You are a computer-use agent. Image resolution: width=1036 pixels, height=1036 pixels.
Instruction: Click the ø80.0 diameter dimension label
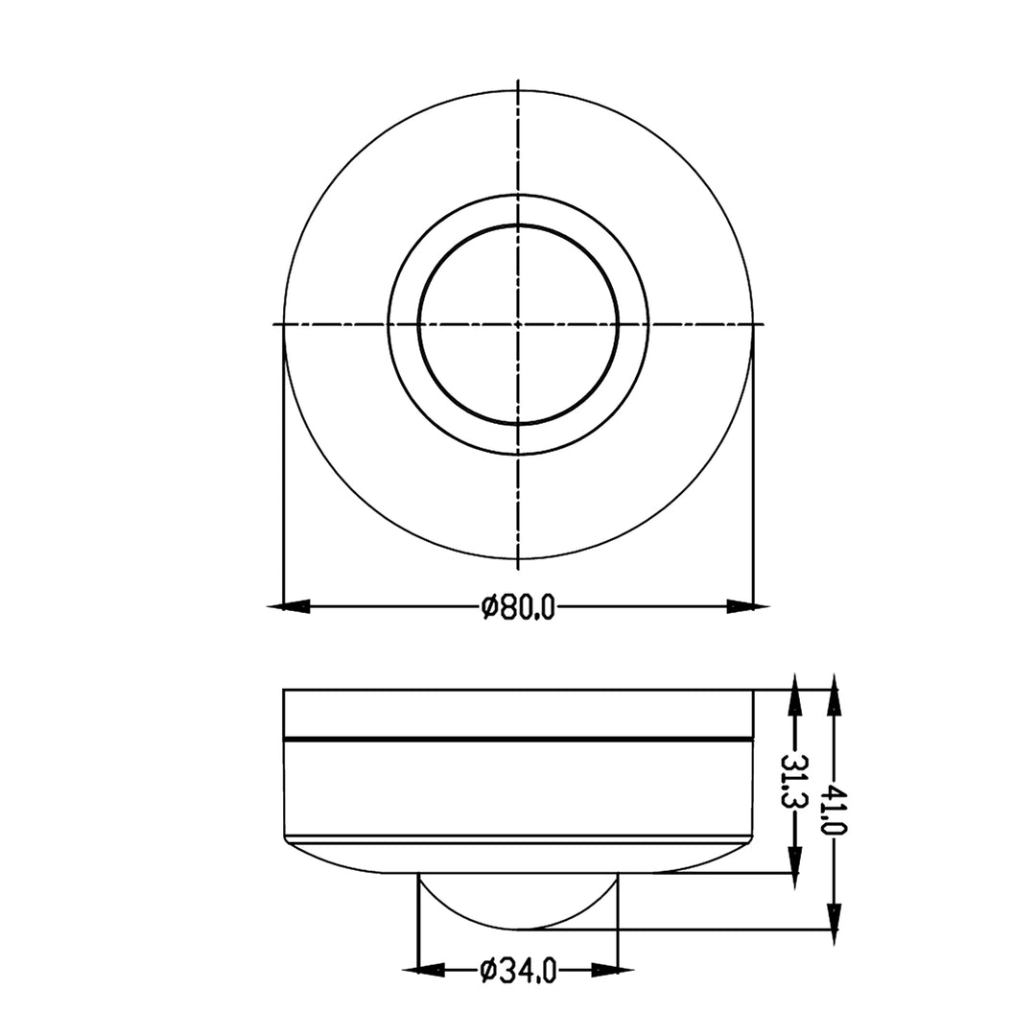coord(518,607)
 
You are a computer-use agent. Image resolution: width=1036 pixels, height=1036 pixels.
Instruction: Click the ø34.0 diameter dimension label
coord(518,971)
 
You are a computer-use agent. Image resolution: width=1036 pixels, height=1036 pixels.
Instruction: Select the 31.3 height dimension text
coord(793,781)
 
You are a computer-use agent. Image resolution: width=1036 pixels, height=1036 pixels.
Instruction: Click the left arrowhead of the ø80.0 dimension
coord(290,606)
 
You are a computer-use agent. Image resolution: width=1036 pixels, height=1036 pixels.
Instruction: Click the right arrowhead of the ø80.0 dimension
coord(747,606)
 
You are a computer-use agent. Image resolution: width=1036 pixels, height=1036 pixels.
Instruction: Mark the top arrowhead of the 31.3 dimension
coord(793,695)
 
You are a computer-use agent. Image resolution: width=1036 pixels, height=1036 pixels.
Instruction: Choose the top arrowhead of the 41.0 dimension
coord(834,695)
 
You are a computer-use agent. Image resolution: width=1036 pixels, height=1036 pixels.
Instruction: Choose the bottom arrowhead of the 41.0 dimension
coord(834,923)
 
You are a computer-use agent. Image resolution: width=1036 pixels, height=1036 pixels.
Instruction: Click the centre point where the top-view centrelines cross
coord(519,324)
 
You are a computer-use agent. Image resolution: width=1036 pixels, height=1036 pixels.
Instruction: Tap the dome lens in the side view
coord(518,902)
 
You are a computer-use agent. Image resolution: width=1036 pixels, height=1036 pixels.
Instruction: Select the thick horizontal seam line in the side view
coord(518,740)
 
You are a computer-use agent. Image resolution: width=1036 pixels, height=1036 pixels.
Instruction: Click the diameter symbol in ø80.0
coord(488,607)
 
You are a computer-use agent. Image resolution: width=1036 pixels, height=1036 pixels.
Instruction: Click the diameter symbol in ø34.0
coord(488,971)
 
